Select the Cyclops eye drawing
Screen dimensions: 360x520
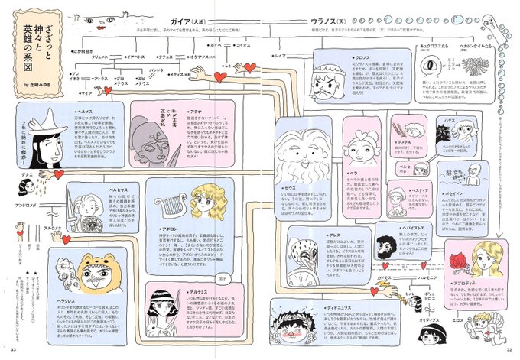tap(434, 68)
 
